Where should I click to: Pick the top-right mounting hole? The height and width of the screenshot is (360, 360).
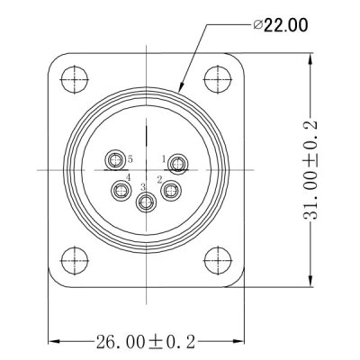[217, 78]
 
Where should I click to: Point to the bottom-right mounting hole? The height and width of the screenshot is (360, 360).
[217, 257]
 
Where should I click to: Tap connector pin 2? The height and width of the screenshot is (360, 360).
[171, 190]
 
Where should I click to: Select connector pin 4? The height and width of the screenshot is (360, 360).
[120, 190]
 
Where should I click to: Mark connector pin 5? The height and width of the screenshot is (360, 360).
[114, 162]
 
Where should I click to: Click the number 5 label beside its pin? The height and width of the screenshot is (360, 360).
[130, 156]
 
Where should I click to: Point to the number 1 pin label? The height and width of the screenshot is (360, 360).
[164, 158]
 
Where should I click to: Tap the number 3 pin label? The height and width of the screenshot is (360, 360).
[143, 186]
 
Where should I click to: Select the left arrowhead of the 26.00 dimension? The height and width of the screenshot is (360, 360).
[50, 341]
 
